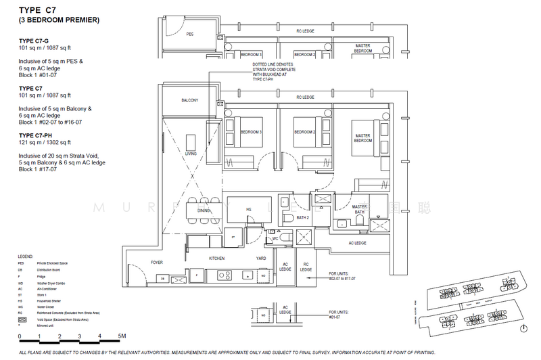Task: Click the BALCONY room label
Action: coord(189,100)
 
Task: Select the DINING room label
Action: coord(204,210)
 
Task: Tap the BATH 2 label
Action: coord(302,218)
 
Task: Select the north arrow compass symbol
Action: coord(524,327)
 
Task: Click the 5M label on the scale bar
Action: coord(122,336)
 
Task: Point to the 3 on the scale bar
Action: coord(80,336)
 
